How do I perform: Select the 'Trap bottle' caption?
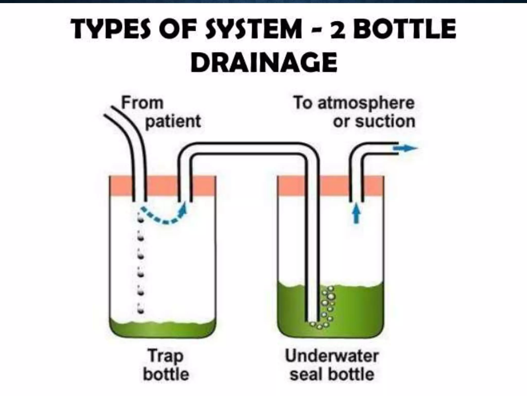point(166,365)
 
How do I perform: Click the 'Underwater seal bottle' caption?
point(332,365)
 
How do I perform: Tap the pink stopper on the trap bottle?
point(162,186)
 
